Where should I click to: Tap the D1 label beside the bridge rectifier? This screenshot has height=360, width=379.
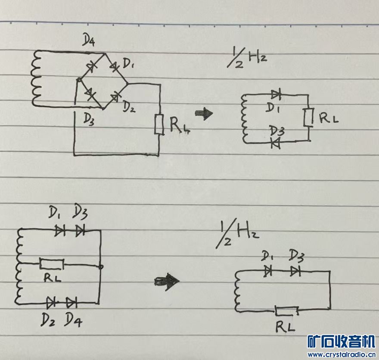coord(129,65)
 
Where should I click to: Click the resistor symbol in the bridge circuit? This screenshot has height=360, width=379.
coord(159,125)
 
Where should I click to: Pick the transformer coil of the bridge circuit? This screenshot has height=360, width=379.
coord(35,78)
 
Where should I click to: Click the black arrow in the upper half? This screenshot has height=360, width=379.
coord(204,114)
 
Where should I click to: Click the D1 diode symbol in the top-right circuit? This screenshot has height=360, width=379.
coord(276,94)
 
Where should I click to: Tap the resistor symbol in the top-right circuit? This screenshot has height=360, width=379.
coord(308,118)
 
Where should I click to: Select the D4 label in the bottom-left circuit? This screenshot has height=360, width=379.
coord(73,319)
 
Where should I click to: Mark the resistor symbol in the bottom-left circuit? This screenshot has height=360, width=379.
coord(52,263)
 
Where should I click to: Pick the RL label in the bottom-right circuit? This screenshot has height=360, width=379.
coord(286,328)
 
